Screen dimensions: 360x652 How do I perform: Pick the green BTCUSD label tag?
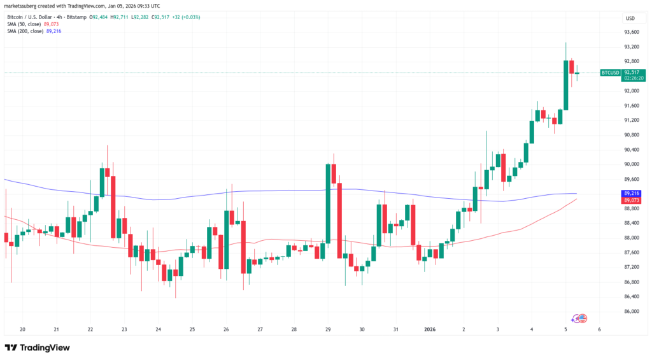(x=610, y=73)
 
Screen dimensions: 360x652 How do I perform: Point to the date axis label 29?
(x=328, y=329)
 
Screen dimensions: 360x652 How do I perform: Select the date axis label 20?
(x=22, y=329)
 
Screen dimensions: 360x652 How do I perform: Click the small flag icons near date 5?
(x=580, y=317)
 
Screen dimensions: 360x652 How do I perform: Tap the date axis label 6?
(x=599, y=329)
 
